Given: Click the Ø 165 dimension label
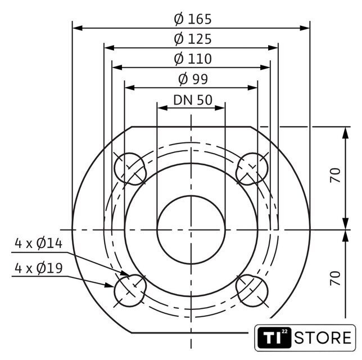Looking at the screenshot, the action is [x=193, y=19].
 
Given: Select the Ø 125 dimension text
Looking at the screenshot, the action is [x=193, y=39].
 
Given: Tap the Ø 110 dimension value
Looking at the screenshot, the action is [x=193, y=58].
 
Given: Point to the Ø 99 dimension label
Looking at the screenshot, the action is [x=193, y=79].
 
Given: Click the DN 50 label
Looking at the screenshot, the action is [x=193, y=100].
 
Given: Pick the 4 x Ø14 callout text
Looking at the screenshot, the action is [x=39, y=244].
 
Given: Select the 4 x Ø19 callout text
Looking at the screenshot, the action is [x=39, y=268].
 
